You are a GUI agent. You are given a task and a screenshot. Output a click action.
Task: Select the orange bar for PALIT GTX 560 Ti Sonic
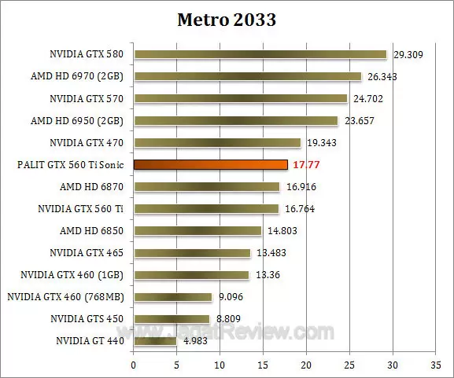click(x=210, y=165)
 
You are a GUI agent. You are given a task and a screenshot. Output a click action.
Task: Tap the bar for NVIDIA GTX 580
click(x=260, y=55)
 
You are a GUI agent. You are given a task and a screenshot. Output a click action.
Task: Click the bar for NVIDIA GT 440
click(x=155, y=341)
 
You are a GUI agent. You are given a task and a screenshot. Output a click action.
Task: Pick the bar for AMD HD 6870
click(x=206, y=187)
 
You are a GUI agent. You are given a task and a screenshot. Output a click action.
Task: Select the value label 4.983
click(x=196, y=341)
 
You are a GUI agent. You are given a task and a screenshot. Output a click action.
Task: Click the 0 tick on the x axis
click(x=134, y=365)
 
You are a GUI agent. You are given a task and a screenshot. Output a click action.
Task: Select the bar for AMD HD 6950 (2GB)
click(x=235, y=121)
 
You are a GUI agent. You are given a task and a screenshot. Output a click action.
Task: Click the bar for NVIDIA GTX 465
click(x=191, y=253)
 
